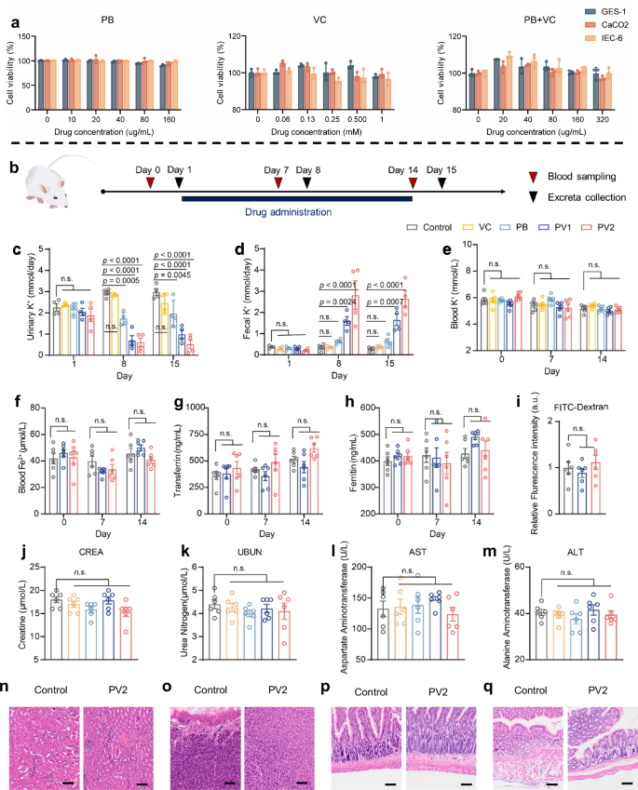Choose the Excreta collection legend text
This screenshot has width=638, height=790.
586,198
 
